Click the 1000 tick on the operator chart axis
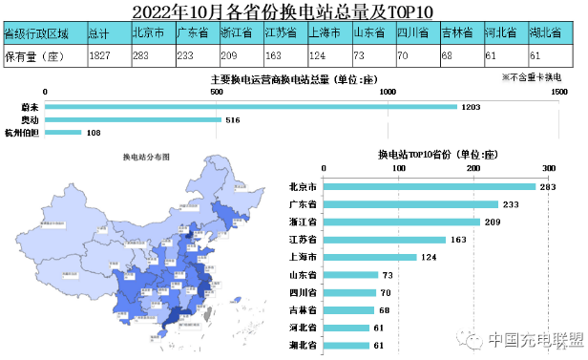[x=388, y=93]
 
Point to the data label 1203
[x=470, y=107]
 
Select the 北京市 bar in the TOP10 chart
[x=430, y=187]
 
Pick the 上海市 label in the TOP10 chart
[x=303, y=258]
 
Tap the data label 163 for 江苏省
[x=459, y=240]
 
